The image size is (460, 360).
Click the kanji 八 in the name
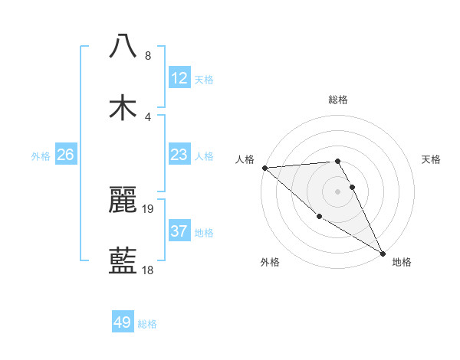[123, 45]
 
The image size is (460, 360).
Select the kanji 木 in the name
[123, 108]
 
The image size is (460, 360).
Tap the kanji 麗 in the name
[123, 200]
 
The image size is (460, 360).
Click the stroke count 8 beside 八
[147, 55]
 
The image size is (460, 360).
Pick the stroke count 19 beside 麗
[148, 208]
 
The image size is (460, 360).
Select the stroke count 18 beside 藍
[148, 270]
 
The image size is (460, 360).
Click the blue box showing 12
[179, 78]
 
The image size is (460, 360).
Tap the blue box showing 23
[179, 155]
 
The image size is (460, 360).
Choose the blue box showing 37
[179, 231]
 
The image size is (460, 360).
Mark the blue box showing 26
[66, 155]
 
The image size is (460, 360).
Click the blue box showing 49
[123, 322]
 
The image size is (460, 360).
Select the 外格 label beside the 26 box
[41, 155]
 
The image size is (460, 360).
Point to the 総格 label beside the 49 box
[147, 324]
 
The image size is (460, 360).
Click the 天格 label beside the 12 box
[204, 80]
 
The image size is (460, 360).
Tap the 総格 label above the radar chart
[337, 100]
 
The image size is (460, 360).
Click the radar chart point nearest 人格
[264, 168]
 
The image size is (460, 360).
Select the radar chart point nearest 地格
[383, 253]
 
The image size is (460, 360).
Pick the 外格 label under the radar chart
[270, 262]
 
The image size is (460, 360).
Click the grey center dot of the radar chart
[337, 191]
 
